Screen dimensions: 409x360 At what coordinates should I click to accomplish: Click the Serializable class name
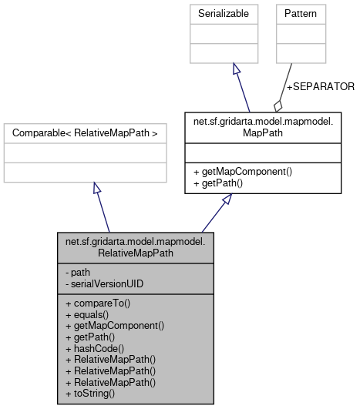[x=233, y=14]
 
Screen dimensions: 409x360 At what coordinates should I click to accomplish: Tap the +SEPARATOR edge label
[x=320, y=86]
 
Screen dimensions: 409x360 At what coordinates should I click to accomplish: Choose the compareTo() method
[x=99, y=303]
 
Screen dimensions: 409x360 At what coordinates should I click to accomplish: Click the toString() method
[x=92, y=393]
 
